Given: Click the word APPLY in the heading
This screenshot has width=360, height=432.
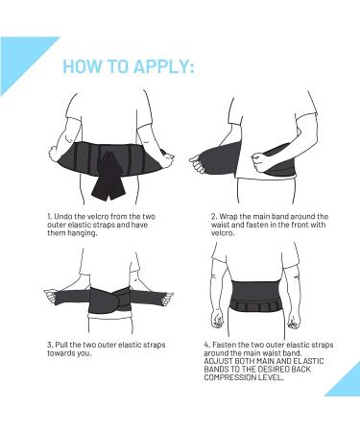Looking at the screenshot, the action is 163,66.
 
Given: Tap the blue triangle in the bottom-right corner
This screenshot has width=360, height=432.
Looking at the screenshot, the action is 344,380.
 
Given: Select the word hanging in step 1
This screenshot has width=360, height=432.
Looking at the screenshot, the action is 82,233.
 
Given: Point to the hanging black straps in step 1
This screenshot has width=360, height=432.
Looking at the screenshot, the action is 107,176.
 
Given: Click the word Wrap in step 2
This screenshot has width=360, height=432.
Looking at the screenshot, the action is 228,217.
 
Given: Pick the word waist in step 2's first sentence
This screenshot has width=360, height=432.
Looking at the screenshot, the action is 220,225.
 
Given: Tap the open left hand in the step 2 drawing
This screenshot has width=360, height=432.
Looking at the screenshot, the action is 198,161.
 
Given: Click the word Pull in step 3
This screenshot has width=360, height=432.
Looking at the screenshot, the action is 61,345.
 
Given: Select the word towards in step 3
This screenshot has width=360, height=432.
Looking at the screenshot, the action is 61,353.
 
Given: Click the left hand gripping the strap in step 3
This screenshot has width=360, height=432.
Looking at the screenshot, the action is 51,296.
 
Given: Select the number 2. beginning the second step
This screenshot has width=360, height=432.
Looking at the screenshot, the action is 214,217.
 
